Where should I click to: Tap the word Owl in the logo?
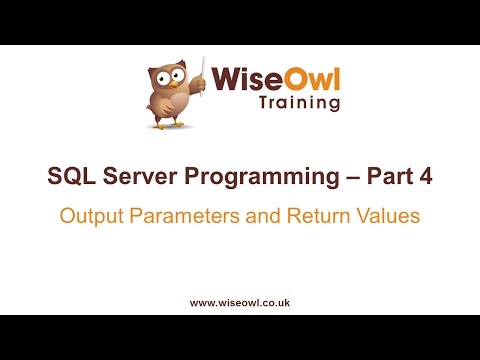tap(304, 79)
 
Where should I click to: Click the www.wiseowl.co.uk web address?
tap(240, 300)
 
